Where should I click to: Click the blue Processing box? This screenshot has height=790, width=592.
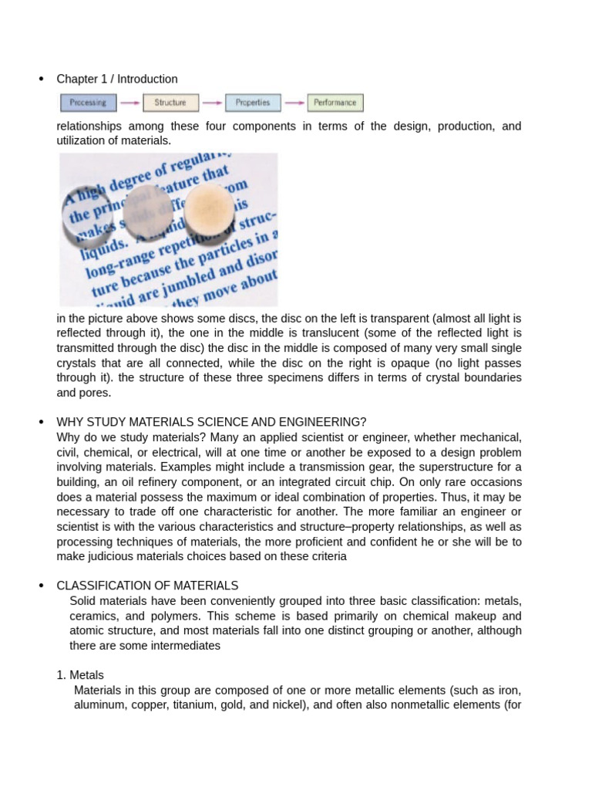tap(89, 103)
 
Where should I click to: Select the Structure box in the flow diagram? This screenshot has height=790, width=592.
tap(170, 103)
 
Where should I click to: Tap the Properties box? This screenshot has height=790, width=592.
tap(253, 103)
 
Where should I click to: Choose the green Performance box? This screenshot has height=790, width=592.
tap(335, 103)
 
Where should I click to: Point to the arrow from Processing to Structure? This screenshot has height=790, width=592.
tap(129, 103)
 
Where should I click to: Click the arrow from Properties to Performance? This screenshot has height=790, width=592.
tap(294, 103)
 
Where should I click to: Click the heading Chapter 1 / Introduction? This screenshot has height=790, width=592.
tap(117, 79)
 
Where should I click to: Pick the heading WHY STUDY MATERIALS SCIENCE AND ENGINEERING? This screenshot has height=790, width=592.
tap(212, 421)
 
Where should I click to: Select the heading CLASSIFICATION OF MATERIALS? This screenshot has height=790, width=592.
tap(147, 586)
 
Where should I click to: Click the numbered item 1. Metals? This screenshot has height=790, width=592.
tap(80, 675)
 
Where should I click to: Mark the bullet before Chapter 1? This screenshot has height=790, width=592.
tap(41, 79)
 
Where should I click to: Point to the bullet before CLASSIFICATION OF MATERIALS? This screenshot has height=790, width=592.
tap(41, 586)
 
